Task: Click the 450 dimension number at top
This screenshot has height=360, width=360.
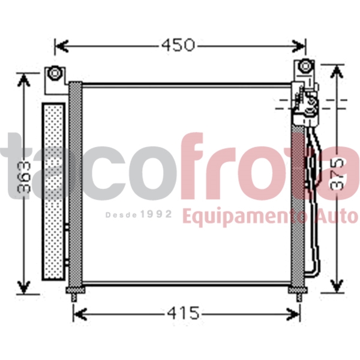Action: pyautogui.click(x=178, y=45)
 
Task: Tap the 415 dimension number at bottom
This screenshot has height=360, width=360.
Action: pyautogui.click(x=183, y=313)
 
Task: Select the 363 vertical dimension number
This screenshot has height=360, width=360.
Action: pyautogui.click(x=25, y=177)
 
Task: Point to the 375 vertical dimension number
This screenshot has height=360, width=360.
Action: pyautogui.click(x=337, y=173)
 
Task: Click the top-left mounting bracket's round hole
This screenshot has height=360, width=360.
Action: pyautogui.click(x=55, y=73)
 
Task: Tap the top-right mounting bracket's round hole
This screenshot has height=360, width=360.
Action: pyautogui.click(x=305, y=66)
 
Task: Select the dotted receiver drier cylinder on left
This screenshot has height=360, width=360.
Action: pyautogui.click(x=53, y=191)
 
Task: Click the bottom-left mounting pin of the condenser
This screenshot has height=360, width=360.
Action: pyautogui.click(x=74, y=298)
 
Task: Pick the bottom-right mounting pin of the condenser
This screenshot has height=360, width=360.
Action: pyautogui.click(x=299, y=298)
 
